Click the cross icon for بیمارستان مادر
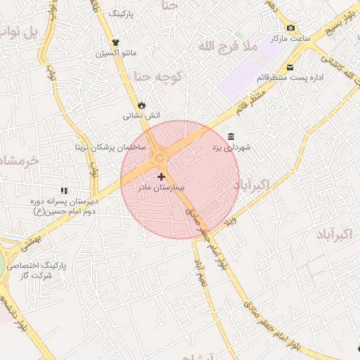[162, 176]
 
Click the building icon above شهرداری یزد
[231, 136]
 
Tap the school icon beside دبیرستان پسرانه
[64, 191]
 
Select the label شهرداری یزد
[237, 148]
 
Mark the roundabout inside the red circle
[160, 155]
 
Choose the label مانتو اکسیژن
[119, 53]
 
